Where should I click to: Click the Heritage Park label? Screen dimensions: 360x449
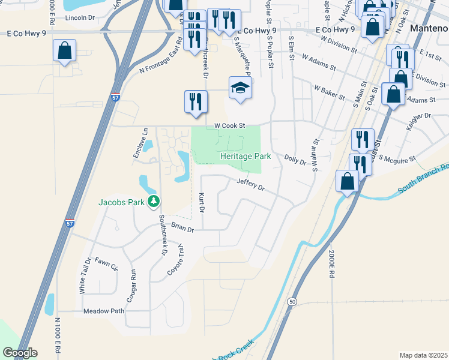click(245, 156)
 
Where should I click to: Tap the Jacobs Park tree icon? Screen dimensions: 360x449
click(154, 202)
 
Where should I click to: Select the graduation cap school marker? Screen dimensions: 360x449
click(240, 88)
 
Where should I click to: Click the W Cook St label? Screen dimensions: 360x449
click(230, 126)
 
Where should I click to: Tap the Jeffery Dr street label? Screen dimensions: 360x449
click(250, 184)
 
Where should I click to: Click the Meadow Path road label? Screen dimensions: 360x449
click(103, 311)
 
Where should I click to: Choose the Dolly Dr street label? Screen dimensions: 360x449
click(295, 159)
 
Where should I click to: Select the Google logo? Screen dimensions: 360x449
click(20, 353)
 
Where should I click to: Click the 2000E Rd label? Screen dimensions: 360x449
click(330, 263)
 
